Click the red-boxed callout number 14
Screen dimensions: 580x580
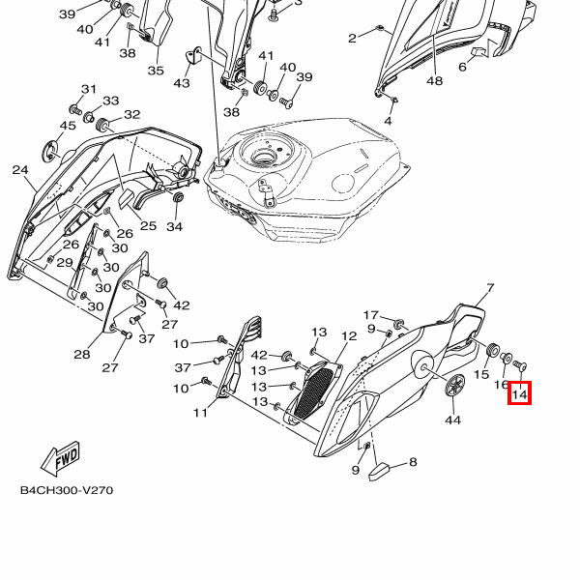click(x=520, y=393)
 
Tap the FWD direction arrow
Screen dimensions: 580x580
click(x=60, y=456)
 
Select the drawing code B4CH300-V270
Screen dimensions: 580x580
click(x=67, y=490)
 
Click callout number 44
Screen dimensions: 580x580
click(x=452, y=420)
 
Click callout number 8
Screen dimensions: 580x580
click(x=413, y=462)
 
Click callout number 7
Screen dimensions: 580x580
click(x=490, y=288)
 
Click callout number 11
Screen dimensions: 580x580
click(x=200, y=414)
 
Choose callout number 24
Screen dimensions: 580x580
click(x=20, y=170)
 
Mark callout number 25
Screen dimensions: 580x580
click(x=148, y=226)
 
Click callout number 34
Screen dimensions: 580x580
click(x=174, y=227)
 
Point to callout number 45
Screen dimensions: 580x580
click(x=68, y=126)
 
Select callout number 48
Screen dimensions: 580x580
click(x=434, y=81)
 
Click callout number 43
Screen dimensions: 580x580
click(x=182, y=84)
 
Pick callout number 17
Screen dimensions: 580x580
click(x=371, y=315)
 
